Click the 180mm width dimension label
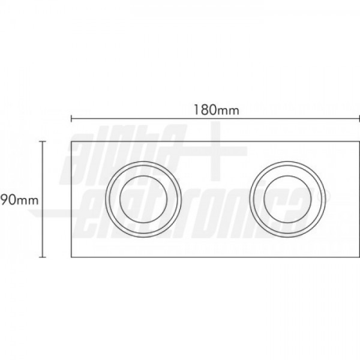(217, 110)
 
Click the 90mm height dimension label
(20, 200)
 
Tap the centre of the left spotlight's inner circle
(143, 199)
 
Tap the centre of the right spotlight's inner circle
(287, 199)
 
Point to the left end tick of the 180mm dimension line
(71, 119)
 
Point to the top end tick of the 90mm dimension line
(43, 142)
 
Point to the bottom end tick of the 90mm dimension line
(43, 257)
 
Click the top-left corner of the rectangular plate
(71, 142)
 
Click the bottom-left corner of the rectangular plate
(71, 257)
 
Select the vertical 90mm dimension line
(43, 199)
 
